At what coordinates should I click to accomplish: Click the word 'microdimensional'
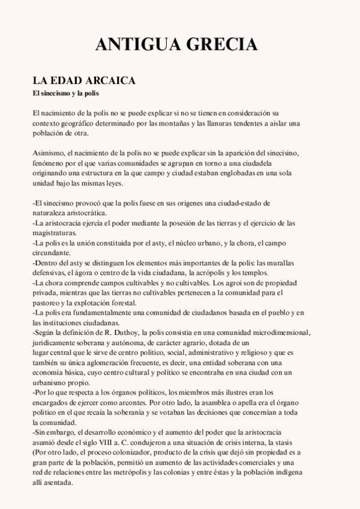279,332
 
